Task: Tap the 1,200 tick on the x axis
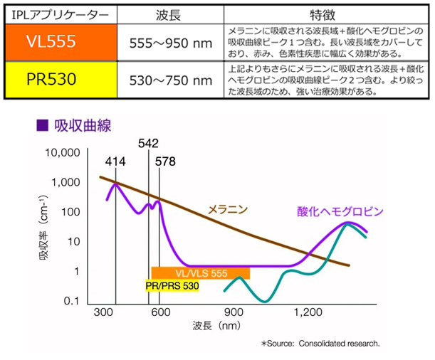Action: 307,312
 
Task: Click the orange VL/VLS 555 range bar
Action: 200,272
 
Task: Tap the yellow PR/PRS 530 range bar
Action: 171,286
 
